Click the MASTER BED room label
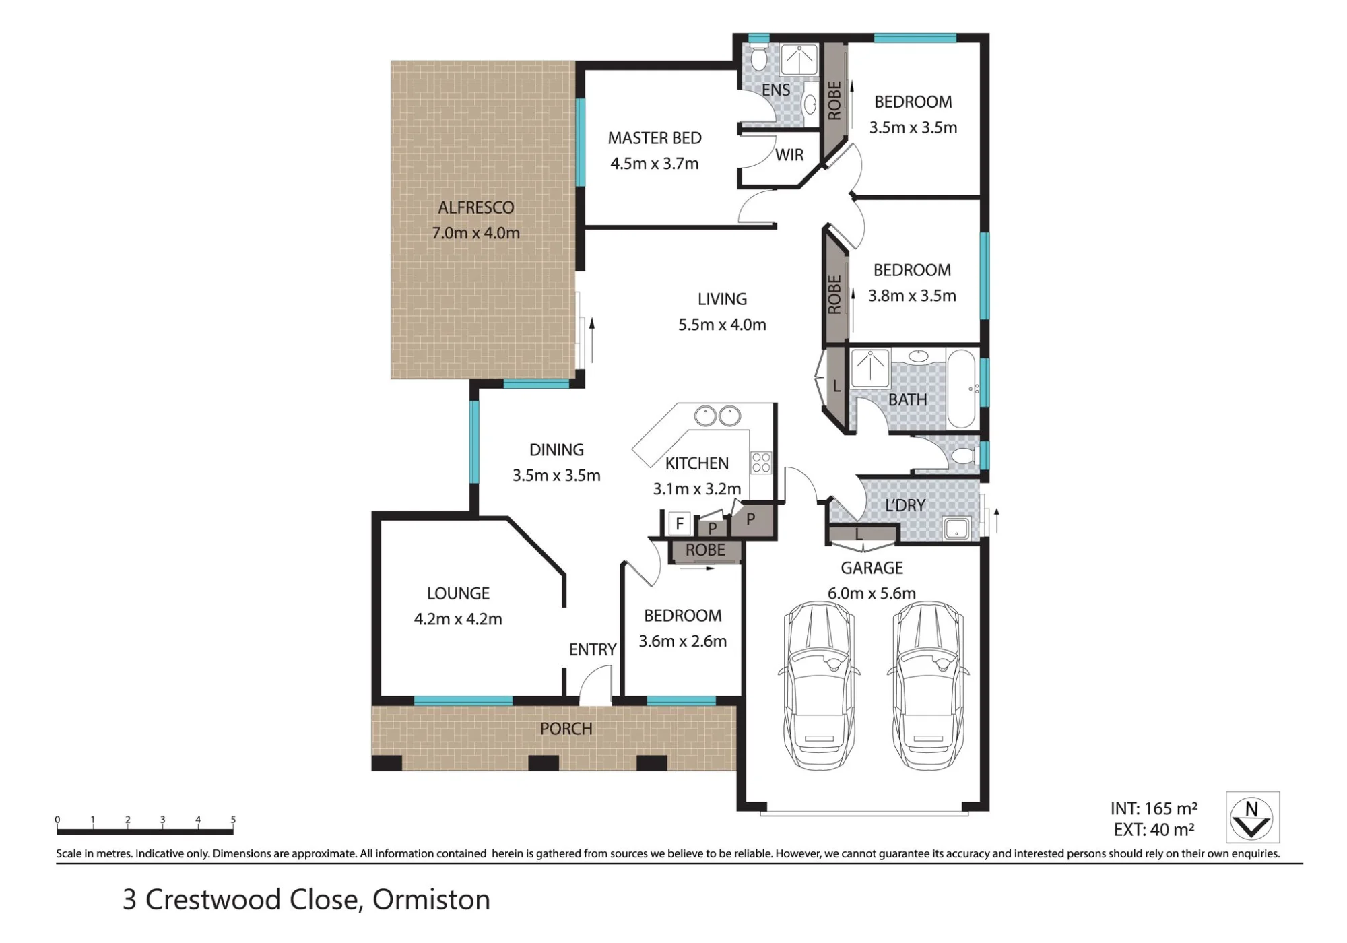(655, 138)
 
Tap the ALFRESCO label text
(476, 207)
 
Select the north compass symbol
(1252, 817)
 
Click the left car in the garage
(819, 685)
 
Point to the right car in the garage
(928, 685)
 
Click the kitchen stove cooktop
(761, 462)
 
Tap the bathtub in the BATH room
(961, 389)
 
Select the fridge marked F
(680, 523)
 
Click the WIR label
(789, 155)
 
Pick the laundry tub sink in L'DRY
(956, 528)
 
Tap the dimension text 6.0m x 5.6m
(872, 593)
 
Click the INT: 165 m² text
(1154, 808)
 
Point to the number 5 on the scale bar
(233, 820)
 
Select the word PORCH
(566, 729)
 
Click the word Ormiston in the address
(431, 900)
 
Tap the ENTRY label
(593, 649)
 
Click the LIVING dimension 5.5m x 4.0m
(722, 325)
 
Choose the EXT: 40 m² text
(1154, 830)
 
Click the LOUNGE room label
(458, 593)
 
